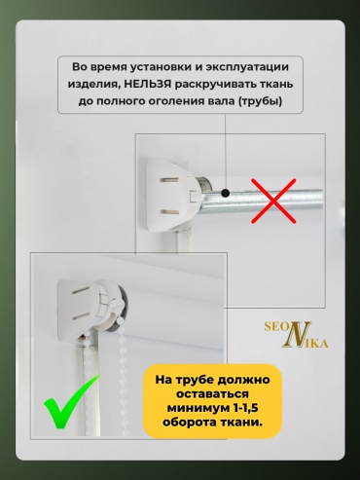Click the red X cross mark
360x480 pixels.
273,201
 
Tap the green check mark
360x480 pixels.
70,403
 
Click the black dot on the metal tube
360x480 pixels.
226,193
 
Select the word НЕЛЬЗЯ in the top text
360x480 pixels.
148,84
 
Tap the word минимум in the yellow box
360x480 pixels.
198,408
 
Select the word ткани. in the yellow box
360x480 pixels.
241,423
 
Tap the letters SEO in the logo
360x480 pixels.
275,326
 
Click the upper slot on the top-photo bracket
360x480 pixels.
169,180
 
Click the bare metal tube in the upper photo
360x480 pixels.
260,199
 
